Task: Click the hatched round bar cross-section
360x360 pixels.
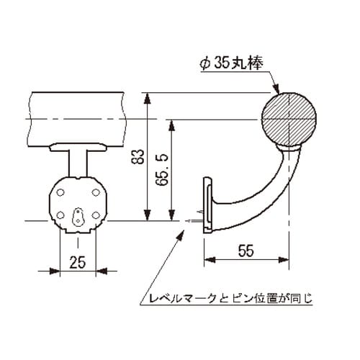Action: pos(288,119)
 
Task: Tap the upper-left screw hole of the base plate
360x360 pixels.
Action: pos(62,192)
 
